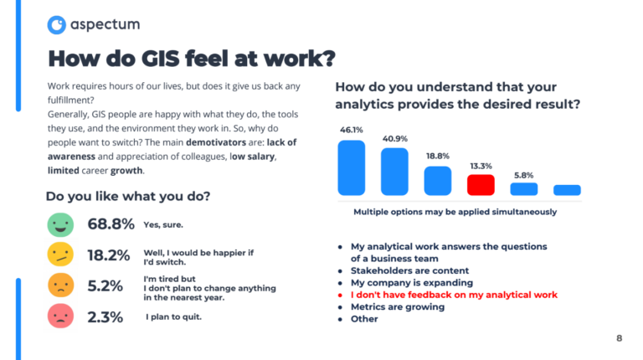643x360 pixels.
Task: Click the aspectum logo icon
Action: (57, 25)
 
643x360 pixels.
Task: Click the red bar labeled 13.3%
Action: (481, 184)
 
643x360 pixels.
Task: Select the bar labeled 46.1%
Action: (351, 167)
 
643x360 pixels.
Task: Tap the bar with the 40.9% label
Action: (394, 172)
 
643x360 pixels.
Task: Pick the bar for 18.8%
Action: (437, 180)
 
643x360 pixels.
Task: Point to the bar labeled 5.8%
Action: (523, 188)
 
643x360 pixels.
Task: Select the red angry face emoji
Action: (60, 316)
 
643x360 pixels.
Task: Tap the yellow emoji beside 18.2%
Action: (60, 255)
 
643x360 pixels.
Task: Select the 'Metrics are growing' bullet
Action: (398, 306)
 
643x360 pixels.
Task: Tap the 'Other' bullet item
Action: (364, 318)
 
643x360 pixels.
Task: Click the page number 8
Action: (619, 338)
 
